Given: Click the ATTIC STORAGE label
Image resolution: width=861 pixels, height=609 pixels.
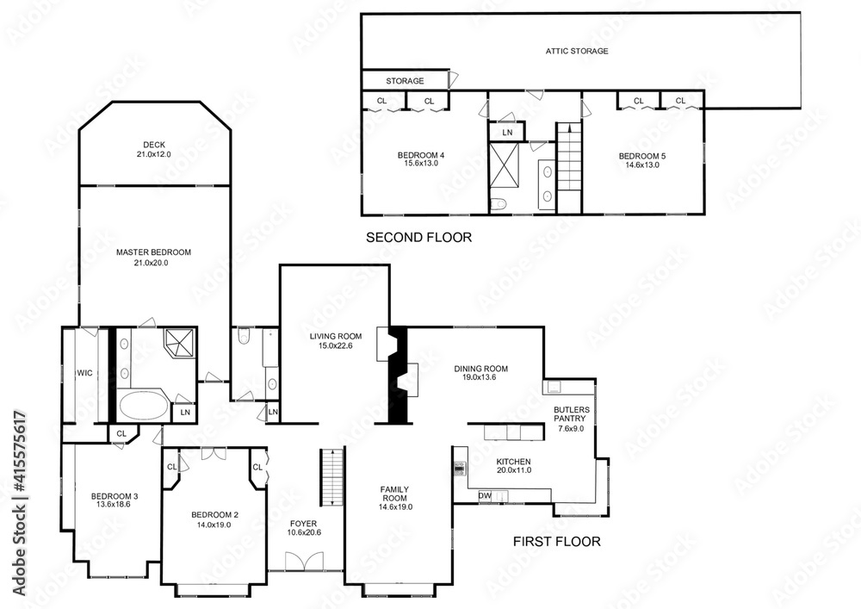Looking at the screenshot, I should click(x=576, y=51).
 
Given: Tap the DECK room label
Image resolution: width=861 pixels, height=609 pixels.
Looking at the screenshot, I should click(x=154, y=145).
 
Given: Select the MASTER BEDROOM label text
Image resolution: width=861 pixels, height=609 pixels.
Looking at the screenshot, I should click(x=153, y=252).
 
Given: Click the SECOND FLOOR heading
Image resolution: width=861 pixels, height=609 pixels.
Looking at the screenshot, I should click(x=418, y=238).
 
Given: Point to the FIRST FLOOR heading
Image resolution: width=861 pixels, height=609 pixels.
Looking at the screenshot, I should click(x=556, y=542).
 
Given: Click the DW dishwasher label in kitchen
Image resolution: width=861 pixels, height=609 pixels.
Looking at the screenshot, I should click(x=484, y=495).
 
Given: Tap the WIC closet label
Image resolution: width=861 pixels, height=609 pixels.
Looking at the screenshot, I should click(x=84, y=373).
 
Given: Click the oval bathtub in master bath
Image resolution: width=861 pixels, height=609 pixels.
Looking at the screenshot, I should click(x=144, y=406).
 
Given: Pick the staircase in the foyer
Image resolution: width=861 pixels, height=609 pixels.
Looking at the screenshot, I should click(x=328, y=478).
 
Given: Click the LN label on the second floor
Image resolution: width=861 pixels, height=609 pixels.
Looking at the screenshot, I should click(x=507, y=133).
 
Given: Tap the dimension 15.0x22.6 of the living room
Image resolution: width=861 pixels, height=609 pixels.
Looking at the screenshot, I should click(x=336, y=346).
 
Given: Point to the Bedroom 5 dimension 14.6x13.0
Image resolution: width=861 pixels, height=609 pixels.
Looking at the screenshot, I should click(x=641, y=165).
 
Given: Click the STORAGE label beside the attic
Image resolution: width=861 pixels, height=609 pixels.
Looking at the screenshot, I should click(x=404, y=81).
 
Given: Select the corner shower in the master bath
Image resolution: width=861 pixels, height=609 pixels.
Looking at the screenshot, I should click(x=180, y=343).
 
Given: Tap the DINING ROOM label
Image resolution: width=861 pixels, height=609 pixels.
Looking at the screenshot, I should click(x=480, y=369).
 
